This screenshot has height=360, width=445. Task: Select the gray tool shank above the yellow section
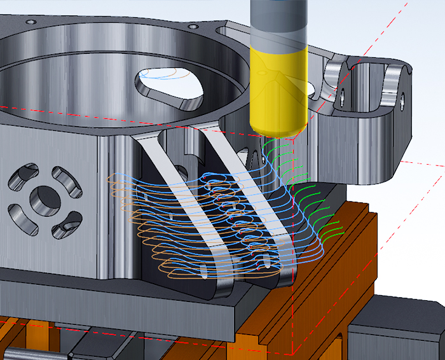point(280,25)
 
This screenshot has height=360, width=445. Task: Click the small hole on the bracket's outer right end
point(402,99)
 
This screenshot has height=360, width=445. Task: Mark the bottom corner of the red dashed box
point(293,353)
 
